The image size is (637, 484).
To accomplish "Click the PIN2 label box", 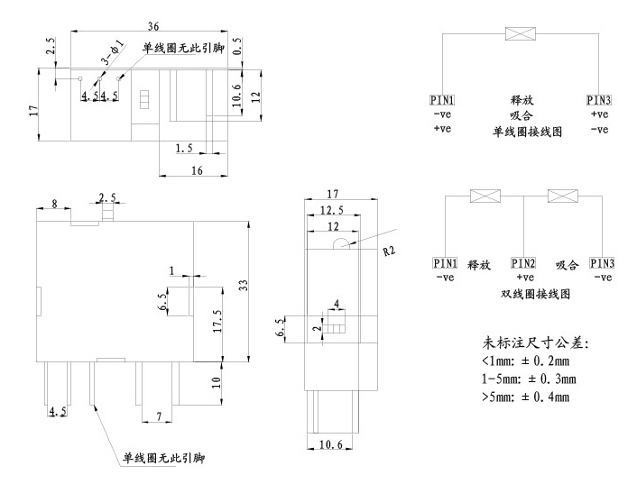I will click(x=524, y=263).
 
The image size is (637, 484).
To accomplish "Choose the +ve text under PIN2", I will click(x=523, y=277).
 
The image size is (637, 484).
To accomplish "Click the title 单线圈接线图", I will click(x=527, y=131).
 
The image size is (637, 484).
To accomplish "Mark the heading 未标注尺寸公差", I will click(x=536, y=343).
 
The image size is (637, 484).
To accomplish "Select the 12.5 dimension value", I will click(x=331, y=210).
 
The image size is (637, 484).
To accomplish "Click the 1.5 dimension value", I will click(x=184, y=147).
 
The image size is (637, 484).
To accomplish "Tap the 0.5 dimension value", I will click(x=236, y=52).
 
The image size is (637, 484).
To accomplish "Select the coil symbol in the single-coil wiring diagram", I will click(x=520, y=34).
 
